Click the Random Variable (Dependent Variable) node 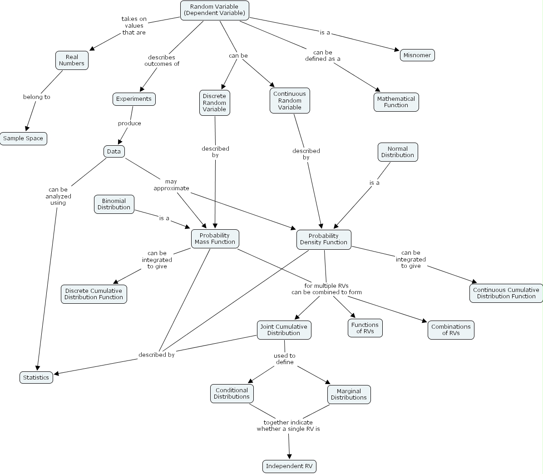pos(214,10)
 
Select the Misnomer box pos(417,55)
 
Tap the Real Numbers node pos(72,60)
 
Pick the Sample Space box pos(23,138)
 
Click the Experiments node pos(134,99)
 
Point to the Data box pos(114,151)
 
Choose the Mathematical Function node pos(396,102)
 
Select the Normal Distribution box pos(397,152)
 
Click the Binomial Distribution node pos(114,204)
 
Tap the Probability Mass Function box pos(215,239)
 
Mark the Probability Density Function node pos(323,239)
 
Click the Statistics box pos(36,378)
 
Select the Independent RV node pos(289,466)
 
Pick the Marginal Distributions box pos(349,394)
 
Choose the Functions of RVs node pos(365,328)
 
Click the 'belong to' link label pos(37,97)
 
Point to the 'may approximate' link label pos(171,185)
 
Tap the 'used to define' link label pos(285,359)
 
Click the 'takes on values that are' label pos(134,26)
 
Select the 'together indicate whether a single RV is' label pos(288,425)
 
